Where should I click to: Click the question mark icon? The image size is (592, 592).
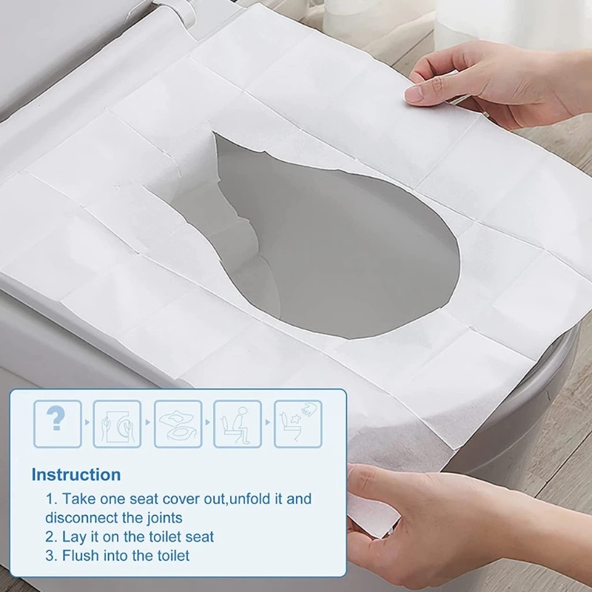pyautogui.click(x=55, y=423)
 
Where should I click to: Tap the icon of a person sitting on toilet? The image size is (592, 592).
pyautogui.click(x=238, y=423)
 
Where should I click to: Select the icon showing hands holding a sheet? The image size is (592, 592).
pyautogui.click(x=116, y=423)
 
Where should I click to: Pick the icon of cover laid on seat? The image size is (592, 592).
pyautogui.click(x=178, y=423)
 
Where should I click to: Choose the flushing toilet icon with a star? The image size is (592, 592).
pyautogui.click(x=297, y=423)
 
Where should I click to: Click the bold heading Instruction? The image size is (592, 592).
pyautogui.click(x=75, y=474)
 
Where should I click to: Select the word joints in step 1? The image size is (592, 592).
pyautogui.click(x=163, y=517)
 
